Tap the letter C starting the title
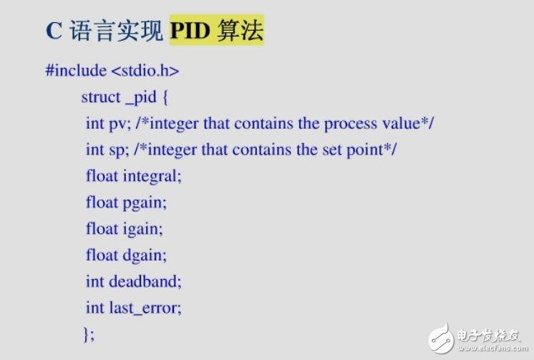click(54, 31)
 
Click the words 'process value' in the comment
click(371, 123)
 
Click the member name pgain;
click(145, 203)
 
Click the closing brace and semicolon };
click(89, 334)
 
